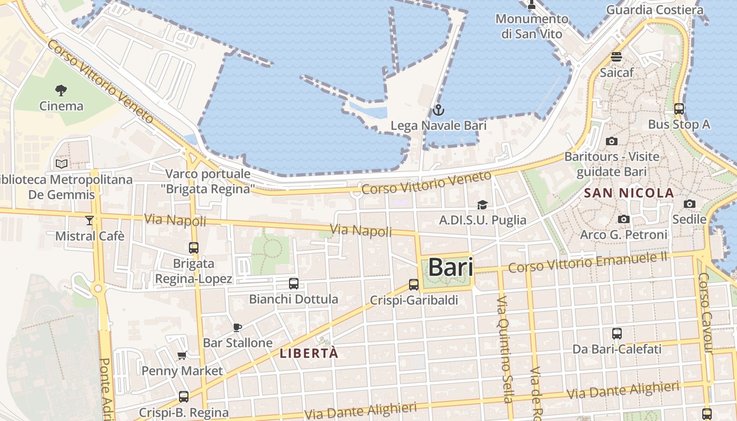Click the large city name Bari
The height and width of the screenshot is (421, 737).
coord(450,267)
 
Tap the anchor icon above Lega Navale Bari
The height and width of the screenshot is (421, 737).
coord(438,111)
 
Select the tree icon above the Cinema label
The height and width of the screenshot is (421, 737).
coord(62,91)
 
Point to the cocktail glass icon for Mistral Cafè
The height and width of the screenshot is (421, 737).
coord(89,220)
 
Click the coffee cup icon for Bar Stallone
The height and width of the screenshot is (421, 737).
coord(237,327)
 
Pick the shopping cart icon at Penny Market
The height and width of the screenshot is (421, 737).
coord(182,356)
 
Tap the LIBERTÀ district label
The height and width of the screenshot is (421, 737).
coord(309,353)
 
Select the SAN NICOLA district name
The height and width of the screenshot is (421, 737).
coord(629,193)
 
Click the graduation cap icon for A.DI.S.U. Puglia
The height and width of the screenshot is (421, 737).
coord(482,205)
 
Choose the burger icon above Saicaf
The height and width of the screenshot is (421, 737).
coord(616,57)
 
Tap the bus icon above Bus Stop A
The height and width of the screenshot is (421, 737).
coord(679,109)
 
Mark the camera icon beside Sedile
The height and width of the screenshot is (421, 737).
coord(690,204)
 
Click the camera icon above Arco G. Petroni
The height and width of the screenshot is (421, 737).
coord(624,219)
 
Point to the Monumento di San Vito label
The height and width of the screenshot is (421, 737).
coord(532,26)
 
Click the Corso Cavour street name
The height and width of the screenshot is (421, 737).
coord(705,313)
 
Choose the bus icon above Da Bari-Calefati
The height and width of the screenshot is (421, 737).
coord(617,333)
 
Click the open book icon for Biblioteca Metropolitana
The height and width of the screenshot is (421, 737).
coord(62,164)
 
